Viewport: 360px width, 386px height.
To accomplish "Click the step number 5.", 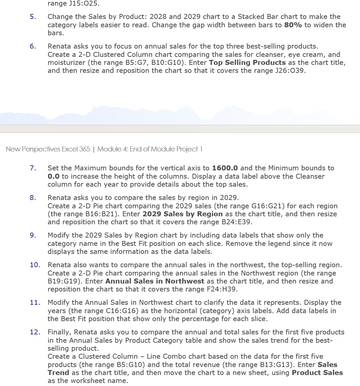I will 33,17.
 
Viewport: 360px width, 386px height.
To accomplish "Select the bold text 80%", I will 293,25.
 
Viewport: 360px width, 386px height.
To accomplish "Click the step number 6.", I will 33,46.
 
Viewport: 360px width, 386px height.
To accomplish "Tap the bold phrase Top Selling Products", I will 247,63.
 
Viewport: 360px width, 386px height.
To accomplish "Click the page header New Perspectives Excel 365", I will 48,149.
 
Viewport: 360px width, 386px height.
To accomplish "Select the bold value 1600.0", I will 225,168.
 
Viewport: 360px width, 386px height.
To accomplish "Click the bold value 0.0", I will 54,176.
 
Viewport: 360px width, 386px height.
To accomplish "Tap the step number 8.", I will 33,198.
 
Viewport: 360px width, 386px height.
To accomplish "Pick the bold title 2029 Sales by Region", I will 182,214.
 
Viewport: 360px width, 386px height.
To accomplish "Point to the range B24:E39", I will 236,222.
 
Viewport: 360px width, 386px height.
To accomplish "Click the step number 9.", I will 33,235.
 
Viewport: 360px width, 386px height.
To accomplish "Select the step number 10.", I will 35,265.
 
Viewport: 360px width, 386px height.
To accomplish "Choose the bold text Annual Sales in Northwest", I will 155,281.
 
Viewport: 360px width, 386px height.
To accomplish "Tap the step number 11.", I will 35,302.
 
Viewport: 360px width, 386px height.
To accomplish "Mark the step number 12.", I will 35,332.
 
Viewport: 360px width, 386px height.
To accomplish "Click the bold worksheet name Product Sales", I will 317,373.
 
